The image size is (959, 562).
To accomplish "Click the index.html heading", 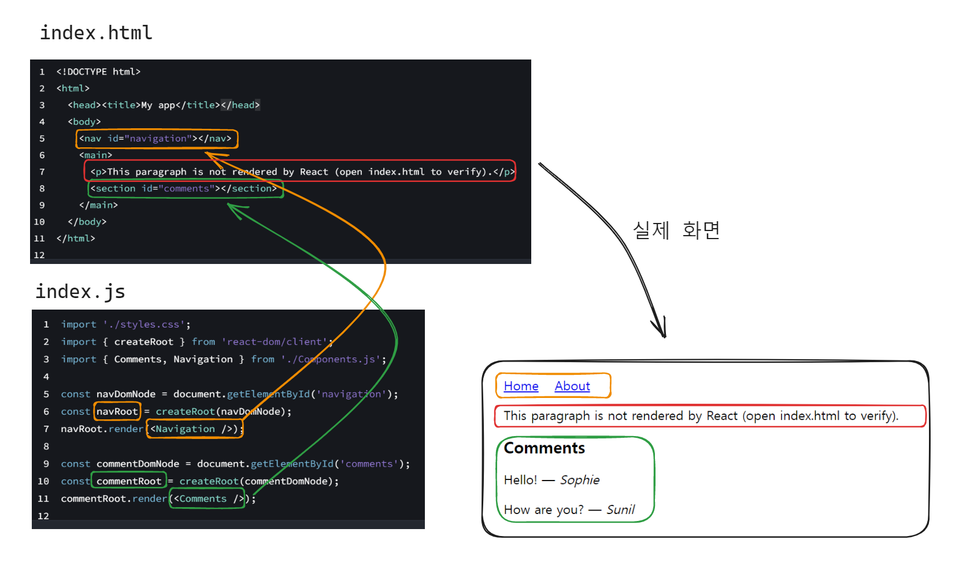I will click(x=96, y=33).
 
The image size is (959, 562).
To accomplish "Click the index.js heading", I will click(x=80, y=292).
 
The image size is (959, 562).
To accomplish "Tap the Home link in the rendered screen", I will click(x=521, y=386).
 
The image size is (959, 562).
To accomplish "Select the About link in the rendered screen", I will click(x=572, y=386).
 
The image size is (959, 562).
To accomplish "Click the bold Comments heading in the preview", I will click(x=544, y=448).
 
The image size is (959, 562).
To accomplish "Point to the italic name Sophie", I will click(x=580, y=480).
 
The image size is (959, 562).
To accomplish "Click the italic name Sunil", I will click(x=620, y=509).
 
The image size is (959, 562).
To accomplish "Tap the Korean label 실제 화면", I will click(x=676, y=230).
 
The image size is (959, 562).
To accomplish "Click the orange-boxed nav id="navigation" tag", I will click(x=156, y=139).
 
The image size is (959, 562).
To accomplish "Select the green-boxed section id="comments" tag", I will click(x=185, y=189).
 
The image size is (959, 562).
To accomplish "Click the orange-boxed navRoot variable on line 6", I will click(x=117, y=411).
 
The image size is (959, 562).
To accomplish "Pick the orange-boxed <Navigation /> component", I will click(x=194, y=429).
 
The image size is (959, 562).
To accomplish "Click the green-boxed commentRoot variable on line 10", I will click(x=129, y=481).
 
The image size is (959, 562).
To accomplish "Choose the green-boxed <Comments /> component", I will click(x=207, y=498).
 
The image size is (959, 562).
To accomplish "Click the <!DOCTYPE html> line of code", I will click(x=98, y=72).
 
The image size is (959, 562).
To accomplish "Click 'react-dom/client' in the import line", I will click(x=275, y=342).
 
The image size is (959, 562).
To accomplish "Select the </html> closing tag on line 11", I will click(x=76, y=239).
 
